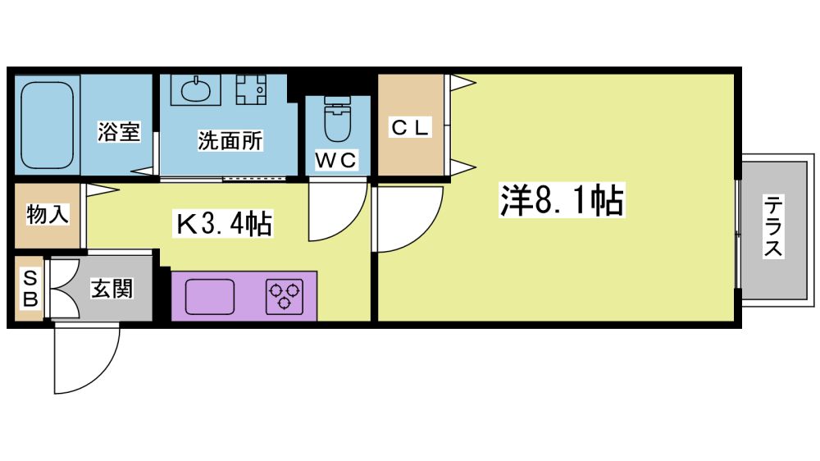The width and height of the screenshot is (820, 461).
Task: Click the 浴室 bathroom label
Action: click(119, 132)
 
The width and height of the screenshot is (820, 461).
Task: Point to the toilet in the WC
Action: click(337, 120)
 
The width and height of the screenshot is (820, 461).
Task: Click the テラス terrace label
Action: click(772, 226)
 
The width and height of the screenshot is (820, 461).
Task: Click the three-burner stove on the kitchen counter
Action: click(285, 295)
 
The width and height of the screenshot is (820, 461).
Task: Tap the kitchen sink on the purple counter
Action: click(209, 296)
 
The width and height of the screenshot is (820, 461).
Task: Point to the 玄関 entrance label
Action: click(112, 289)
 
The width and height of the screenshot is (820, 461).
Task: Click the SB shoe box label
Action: click(30, 288)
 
